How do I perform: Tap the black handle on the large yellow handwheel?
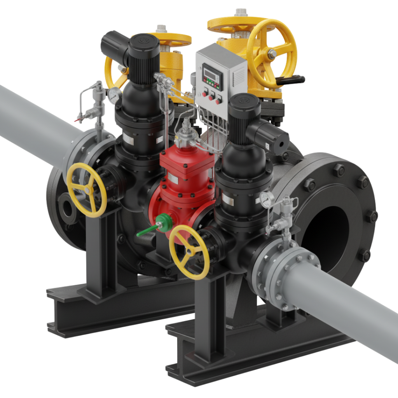tap(294, 80)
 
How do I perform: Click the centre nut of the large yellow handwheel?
tap(272, 54)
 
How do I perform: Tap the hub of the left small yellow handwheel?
tap(86, 189)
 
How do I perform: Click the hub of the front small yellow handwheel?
tap(190, 251)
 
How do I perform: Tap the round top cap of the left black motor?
tap(143, 42)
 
